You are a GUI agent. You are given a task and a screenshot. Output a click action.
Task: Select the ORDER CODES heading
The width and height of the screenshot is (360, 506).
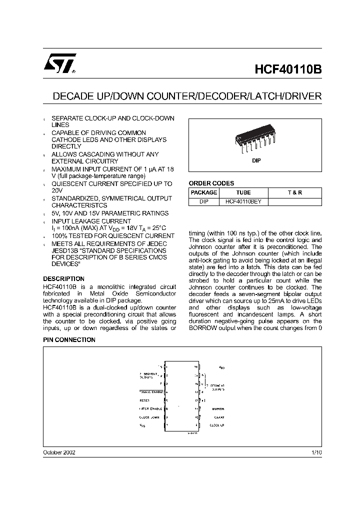pos(211,183)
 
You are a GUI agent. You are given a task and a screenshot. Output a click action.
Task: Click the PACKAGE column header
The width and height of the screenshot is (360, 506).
pos(204,192)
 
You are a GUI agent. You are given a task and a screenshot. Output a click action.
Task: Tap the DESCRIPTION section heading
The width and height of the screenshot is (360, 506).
pos(63,279)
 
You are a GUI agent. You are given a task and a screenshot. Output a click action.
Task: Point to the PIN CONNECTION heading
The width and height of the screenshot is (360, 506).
pos(69,340)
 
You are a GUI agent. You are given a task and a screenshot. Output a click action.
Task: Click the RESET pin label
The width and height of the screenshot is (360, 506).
pos(145,400)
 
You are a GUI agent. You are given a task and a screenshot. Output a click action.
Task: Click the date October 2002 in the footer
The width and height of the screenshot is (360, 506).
pos(59,451)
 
